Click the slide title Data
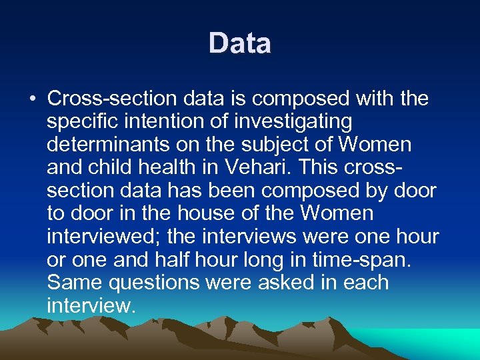pyautogui.click(x=240, y=44)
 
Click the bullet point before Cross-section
pyautogui.click(x=32, y=100)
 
